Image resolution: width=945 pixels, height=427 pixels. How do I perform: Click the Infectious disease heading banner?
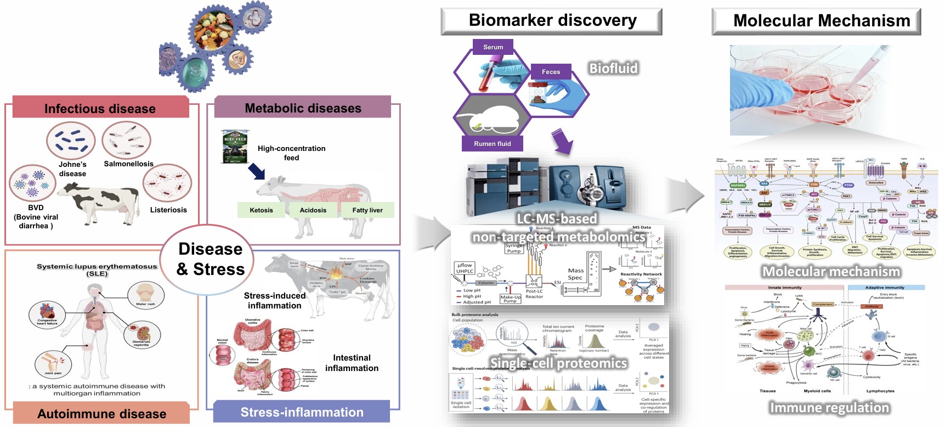click(x=100, y=108)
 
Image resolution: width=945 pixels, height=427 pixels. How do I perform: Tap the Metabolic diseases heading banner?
click(x=303, y=108)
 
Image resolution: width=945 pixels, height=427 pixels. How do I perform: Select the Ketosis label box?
click(x=261, y=210)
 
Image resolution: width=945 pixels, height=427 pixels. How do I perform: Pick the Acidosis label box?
click(x=313, y=210)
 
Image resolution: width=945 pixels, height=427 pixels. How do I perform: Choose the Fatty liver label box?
click(x=367, y=210)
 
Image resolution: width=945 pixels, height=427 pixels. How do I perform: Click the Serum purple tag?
click(x=493, y=47)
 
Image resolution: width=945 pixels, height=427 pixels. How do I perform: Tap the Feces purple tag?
click(x=551, y=72)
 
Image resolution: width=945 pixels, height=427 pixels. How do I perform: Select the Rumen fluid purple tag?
click(x=492, y=144)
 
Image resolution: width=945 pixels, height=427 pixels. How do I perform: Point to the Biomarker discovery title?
click(x=552, y=21)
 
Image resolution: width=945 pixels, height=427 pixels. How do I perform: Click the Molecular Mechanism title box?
click(x=821, y=21)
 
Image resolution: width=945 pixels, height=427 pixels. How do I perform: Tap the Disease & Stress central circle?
click(x=210, y=259)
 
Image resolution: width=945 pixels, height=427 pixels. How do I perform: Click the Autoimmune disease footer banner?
click(x=101, y=413)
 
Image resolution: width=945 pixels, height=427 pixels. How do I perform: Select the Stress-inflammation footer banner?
click(x=302, y=412)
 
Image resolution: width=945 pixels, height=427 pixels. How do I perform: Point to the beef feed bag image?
click(x=235, y=147)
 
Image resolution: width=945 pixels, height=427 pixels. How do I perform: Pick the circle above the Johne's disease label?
click(x=71, y=141)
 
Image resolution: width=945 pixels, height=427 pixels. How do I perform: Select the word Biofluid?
click(x=613, y=69)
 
